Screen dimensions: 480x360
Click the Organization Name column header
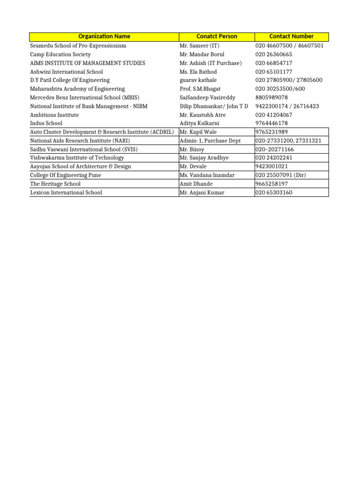point(104,37)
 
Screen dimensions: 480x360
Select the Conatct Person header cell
point(217,37)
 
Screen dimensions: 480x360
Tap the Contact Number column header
point(292,37)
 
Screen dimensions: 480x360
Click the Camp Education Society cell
point(60,54)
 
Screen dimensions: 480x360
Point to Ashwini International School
point(64,72)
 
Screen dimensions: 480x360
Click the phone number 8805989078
point(272,97)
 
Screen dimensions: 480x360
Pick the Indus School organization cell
point(46,123)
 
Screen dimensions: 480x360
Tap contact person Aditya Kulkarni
point(200,123)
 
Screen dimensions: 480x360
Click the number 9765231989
point(272,132)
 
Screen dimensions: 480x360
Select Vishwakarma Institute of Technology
point(77,158)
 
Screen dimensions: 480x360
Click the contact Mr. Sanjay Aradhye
point(204,158)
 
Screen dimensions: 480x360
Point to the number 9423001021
point(272,166)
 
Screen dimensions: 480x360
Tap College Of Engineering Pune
point(66,175)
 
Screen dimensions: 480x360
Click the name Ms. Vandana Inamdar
point(207,175)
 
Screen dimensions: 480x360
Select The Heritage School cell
point(55,184)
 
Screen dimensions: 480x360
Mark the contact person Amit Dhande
point(195,184)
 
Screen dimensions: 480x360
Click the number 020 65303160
point(274,193)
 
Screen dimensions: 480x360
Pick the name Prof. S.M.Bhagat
point(200,89)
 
